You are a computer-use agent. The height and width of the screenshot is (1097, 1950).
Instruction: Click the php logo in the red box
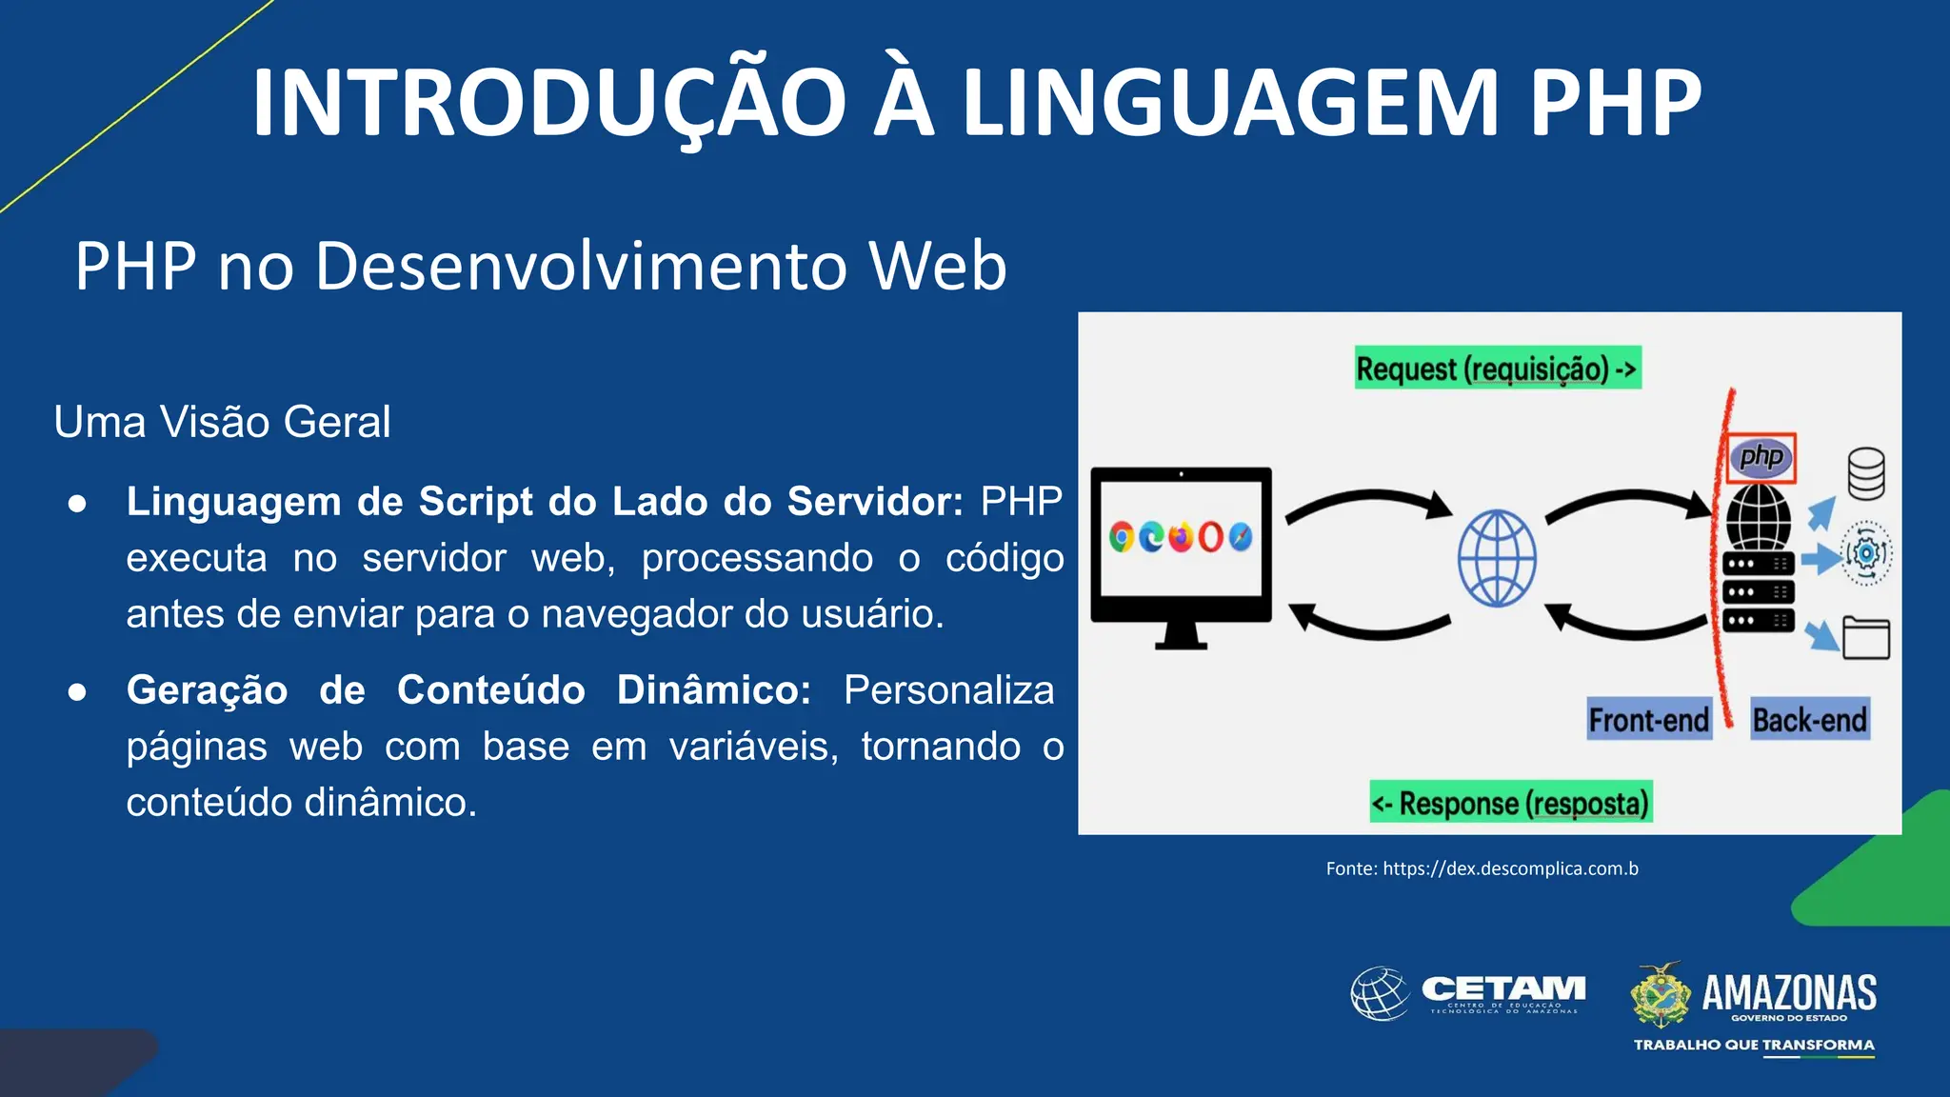(1761, 457)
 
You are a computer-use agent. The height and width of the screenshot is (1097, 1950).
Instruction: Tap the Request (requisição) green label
(1498, 368)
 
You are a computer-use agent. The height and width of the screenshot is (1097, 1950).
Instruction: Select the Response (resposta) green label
(1510, 803)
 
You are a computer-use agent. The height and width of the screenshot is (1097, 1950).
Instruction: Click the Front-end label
(1648, 720)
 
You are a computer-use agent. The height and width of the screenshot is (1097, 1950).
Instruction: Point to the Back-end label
(1809, 720)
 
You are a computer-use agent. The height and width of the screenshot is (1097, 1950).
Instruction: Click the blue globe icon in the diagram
(1497, 559)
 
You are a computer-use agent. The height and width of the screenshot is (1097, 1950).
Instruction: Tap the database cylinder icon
(1865, 473)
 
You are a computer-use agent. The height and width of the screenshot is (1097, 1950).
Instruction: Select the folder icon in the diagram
(1865, 638)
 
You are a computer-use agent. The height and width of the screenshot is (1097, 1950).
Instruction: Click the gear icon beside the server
(1866, 553)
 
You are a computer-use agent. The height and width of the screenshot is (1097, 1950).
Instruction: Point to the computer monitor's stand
(1181, 636)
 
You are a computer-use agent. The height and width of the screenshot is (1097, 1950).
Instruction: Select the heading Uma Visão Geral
(222, 422)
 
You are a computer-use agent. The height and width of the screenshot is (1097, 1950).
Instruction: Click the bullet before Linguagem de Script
(78, 503)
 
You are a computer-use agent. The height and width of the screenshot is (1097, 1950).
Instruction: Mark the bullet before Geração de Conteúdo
(78, 691)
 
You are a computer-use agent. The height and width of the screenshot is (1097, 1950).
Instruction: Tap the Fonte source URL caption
(1482, 868)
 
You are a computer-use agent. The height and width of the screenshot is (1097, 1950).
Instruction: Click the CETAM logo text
(1502, 989)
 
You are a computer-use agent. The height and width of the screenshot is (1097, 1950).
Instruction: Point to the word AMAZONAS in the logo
(1788, 992)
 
